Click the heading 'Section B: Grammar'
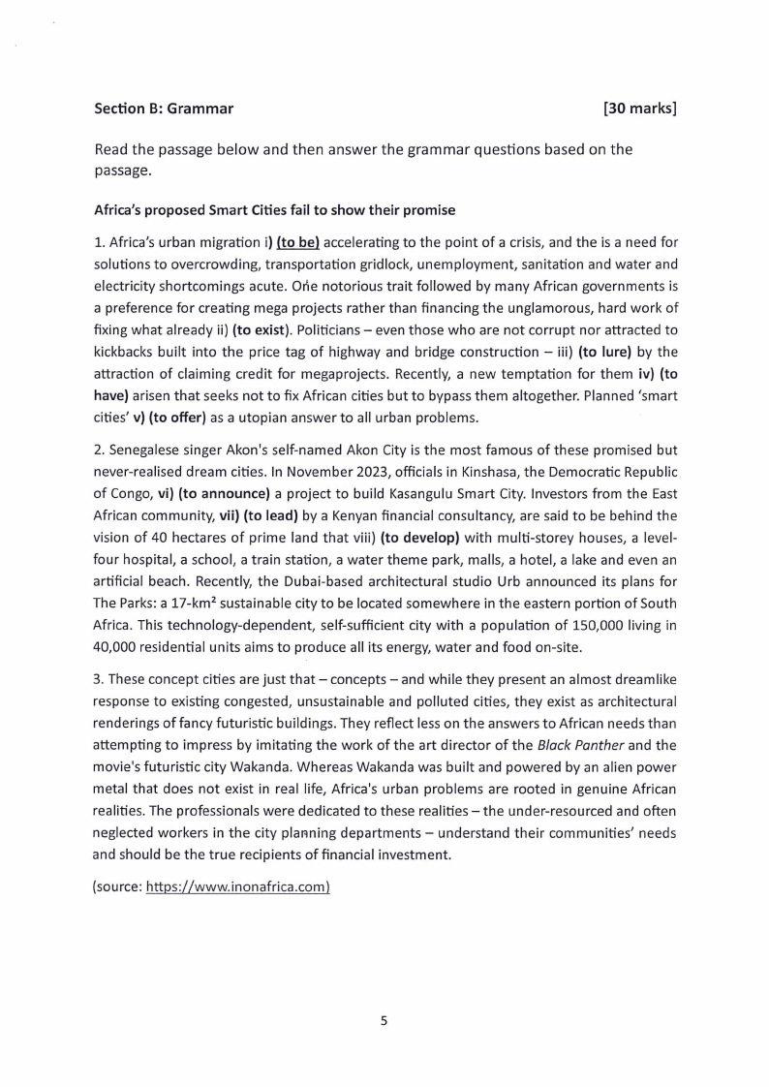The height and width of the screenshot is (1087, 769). tap(164, 109)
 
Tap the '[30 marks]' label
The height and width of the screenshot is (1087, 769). tap(638, 109)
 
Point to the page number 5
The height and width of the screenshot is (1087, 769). tap(384, 1020)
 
